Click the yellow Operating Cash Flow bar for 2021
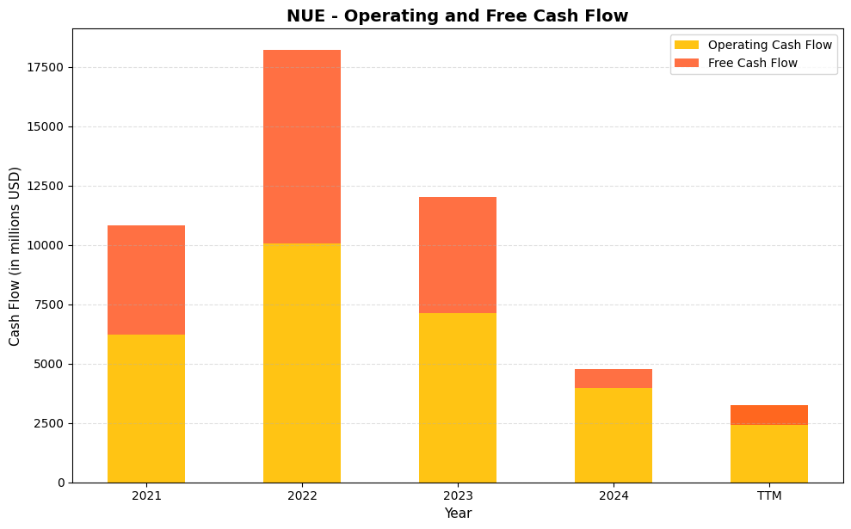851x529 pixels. pyautogui.click(x=146, y=409)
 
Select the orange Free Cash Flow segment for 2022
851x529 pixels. pyautogui.click(x=302, y=146)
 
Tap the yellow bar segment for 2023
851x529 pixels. pyautogui.click(x=458, y=397)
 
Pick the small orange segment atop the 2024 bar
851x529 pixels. pyautogui.click(x=614, y=378)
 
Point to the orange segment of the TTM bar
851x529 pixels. pyautogui.click(x=769, y=415)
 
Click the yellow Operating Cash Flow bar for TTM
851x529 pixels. pyautogui.click(x=769, y=453)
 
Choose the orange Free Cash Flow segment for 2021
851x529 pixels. pyautogui.click(x=146, y=280)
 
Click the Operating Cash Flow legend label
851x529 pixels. pyautogui.click(x=769, y=45)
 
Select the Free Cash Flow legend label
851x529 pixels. pyautogui.click(x=752, y=63)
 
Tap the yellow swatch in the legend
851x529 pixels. pyautogui.click(x=687, y=45)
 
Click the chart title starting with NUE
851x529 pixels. pyautogui.click(x=457, y=15)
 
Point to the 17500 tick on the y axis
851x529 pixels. pyautogui.click(x=46, y=68)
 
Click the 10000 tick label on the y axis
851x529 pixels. pyautogui.click(x=46, y=246)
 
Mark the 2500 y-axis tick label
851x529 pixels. pyautogui.click(x=50, y=424)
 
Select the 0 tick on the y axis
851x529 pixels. pyautogui.click(x=61, y=483)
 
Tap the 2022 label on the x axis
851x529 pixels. pyautogui.click(x=302, y=496)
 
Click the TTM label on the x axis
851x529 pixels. pyautogui.click(x=769, y=496)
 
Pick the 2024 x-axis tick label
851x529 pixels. pyautogui.click(x=614, y=496)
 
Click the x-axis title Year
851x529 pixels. pyautogui.click(x=458, y=514)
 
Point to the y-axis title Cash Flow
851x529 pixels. pyautogui.click(x=15, y=256)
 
